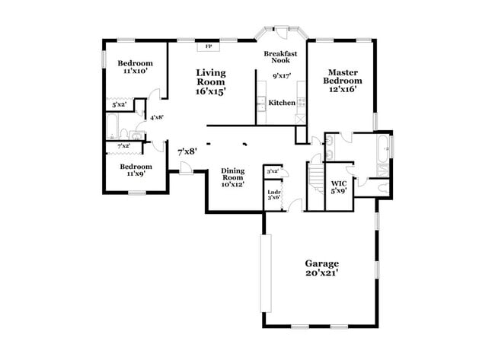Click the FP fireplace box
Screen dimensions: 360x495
pos(209,46)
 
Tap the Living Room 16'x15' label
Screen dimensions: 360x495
pos(211,82)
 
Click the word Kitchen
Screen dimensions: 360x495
pos(282,102)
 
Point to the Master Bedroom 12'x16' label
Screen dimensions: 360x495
pos(341,81)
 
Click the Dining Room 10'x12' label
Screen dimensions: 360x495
pos(232,177)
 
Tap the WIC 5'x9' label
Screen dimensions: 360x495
pos(339,186)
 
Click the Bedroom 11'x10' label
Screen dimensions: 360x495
pos(134,66)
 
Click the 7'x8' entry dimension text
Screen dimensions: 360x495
pos(187,151)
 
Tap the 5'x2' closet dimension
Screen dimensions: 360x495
pos(119,105)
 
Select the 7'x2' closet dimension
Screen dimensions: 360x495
pos(123,145)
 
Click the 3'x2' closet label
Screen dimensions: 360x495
pos(272,171)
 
